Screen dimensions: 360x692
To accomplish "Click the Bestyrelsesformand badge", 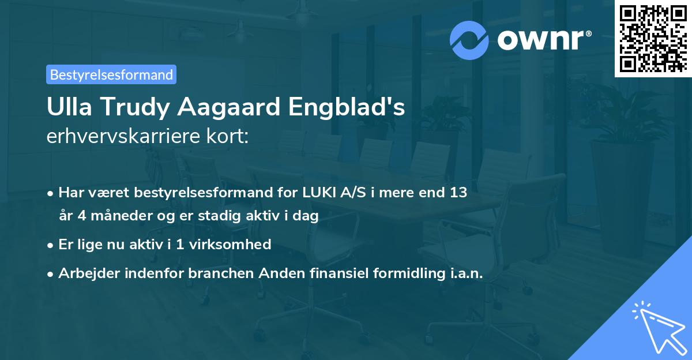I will pyautogui.click(x=111, y=74).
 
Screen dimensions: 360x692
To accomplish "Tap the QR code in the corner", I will pyautogui.click(x=653, y=38).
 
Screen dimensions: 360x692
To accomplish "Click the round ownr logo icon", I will pyautogui.click(x=469, y=40).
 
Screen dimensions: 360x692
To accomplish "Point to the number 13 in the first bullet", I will pyautogui.click(x=458, y=193).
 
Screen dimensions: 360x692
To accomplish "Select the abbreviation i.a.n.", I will pyautogui.click(x=464, y=273).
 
